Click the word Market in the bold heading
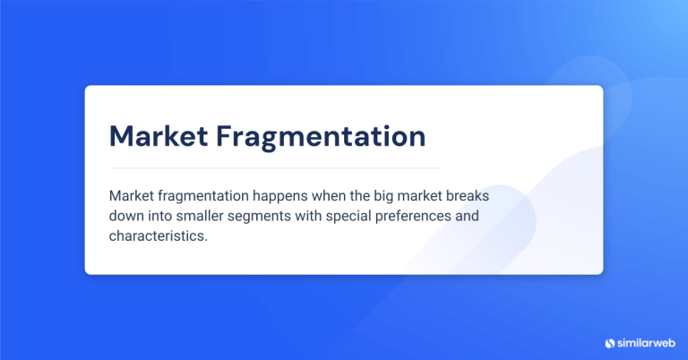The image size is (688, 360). pyautogui.click(x=158, y=136)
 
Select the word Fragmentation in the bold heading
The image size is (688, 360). pyautogui.click(x=322, y=136)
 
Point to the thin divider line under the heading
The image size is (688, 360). pyautogui.click(x=276, y=167)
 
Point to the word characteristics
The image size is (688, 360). pyautogui.click(x=158, y=236)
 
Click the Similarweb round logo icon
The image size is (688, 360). pyautogui.click(x=610, y=342)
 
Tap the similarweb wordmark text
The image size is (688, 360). pyautogui.click(x=646, y=342)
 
